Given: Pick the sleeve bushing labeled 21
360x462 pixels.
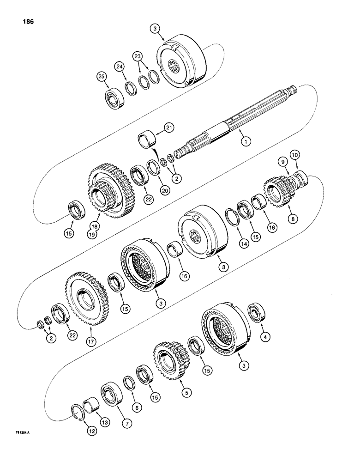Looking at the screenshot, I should coord(148,138).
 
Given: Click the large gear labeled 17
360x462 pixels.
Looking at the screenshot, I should coord(86,296).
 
